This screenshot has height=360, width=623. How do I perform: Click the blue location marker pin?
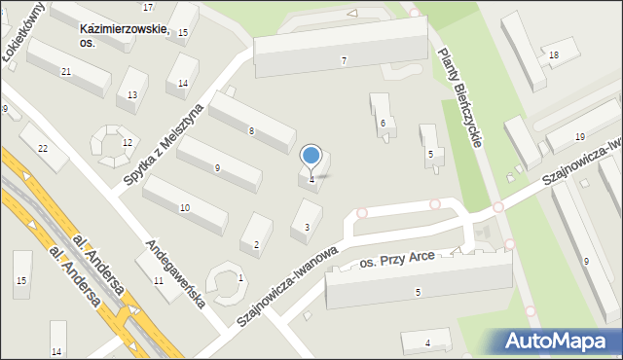point(311,156)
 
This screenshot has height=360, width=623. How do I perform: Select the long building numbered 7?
point(341,54)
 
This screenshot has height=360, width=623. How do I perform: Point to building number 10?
point(184,204)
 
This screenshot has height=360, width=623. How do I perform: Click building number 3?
point(307,222)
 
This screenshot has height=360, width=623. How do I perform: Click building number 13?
point(131,94)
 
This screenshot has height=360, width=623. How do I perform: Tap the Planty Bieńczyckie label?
point(461,97)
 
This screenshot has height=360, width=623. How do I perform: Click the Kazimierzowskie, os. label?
point(125,36)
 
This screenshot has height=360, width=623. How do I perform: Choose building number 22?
point(42,146)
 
